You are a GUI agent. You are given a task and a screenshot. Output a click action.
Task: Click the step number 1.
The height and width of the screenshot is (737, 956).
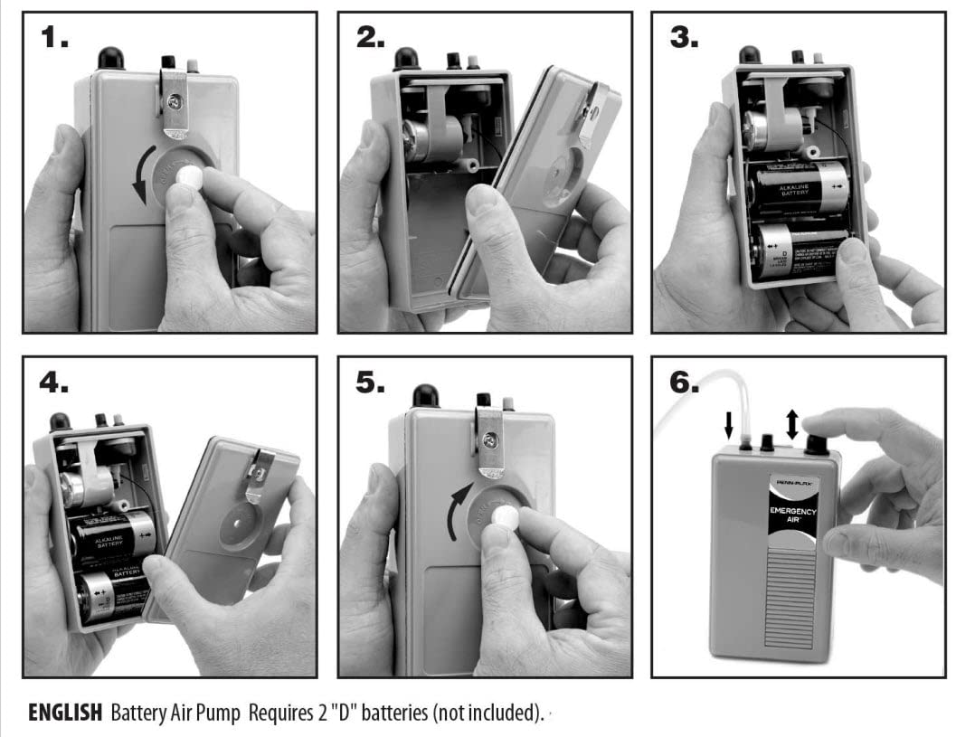click(x=55, y=37)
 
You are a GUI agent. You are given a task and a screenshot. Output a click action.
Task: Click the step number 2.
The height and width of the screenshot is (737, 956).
click(x=371, y=37)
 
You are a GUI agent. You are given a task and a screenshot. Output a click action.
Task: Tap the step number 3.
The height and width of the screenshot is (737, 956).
click(x=685, y=37)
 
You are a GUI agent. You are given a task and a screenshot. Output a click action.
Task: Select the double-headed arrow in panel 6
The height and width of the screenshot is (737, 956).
click(x=792, y=423)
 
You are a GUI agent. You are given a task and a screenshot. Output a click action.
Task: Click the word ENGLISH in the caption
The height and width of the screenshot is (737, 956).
click(x=65, y=713)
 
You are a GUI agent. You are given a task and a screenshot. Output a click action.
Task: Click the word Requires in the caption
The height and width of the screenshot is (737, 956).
click(x=298, y=713)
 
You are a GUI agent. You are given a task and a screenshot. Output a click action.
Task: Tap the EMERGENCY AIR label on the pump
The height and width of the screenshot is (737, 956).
click(x=793, y=517)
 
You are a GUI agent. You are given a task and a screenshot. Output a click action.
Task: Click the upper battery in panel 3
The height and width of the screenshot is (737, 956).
click(x=796, y=186)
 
